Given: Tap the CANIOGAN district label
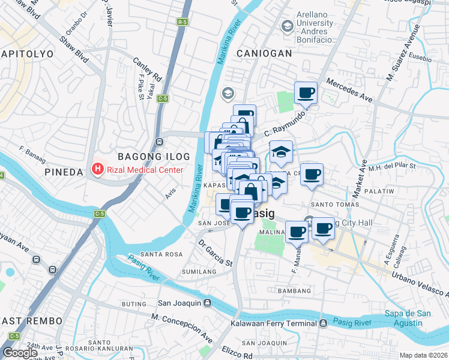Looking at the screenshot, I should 264,53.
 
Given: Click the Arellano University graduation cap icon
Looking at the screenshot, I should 287,26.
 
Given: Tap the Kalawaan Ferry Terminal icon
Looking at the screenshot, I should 324,323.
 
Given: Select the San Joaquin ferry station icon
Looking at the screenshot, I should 207,302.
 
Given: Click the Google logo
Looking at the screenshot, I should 20,353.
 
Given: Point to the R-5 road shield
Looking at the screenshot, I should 182,22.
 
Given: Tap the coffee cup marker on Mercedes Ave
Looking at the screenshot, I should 306,94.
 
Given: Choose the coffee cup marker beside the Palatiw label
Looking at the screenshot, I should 312,175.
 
